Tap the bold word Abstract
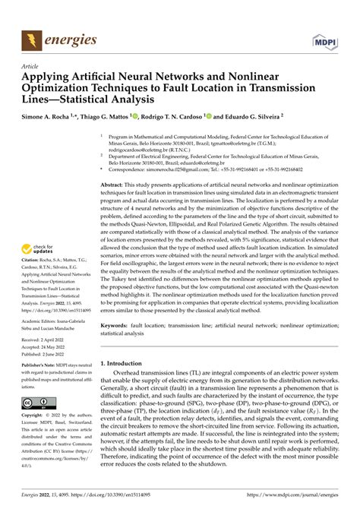(x=115, y=185)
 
